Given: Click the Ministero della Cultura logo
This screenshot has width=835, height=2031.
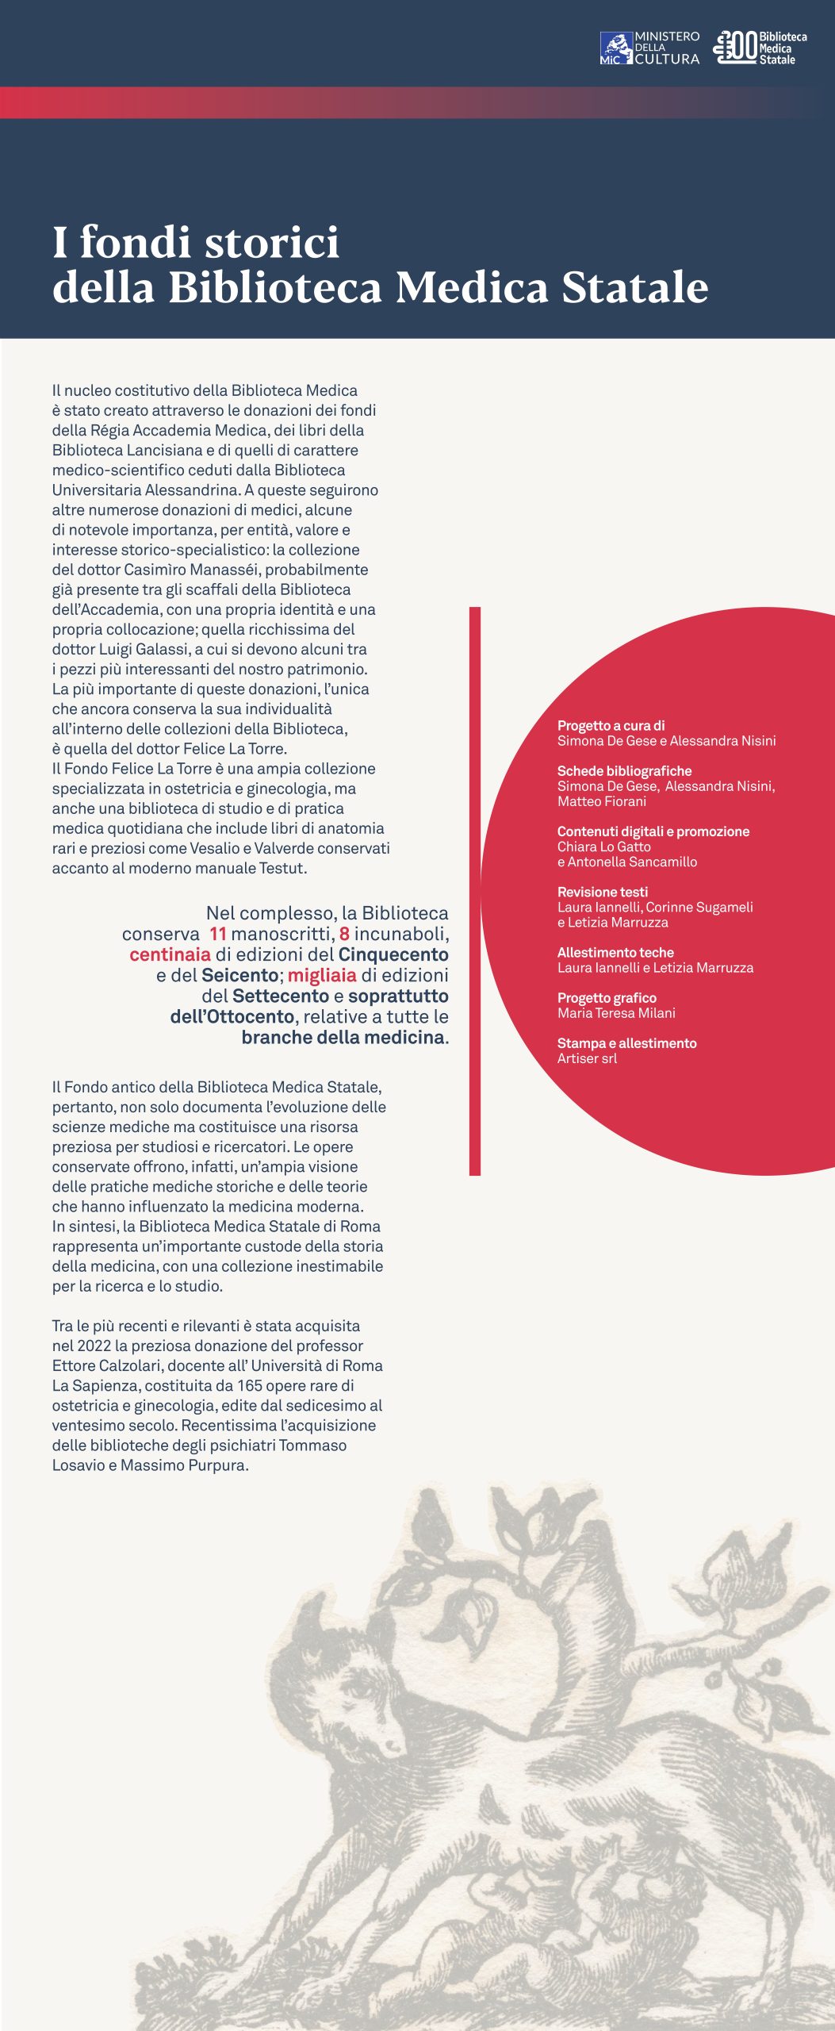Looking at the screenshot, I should pyautogui.click(x=649, y=48).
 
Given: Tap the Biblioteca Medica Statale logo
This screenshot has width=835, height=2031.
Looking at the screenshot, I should pyautogui.click(x=760, y=48).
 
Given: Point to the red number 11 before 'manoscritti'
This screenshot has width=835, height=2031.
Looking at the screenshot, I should pyautogui.click(x=218, y=934).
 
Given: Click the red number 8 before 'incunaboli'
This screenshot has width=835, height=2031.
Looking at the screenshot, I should pyautogui.click(x=344, y=934).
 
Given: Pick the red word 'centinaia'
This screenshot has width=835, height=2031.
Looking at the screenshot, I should pyautogui.click(x=170, y=954).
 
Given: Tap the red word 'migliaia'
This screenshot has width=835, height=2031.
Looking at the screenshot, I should pyautogui.click(x=322, y=975).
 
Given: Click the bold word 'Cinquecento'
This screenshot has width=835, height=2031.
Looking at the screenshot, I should pyautogui.click(x=393, y=954).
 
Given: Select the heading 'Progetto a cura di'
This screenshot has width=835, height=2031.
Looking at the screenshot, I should pyautogui.click(x=611, y=725).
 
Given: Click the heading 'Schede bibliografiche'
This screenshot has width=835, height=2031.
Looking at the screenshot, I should pyautogui.click(x=624, y=770).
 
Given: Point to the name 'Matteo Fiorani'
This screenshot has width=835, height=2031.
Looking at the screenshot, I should pyautogui.click(x=601, y=801).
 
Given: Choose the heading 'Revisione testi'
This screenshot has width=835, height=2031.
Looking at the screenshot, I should pyautogui.click(x=602, y=892).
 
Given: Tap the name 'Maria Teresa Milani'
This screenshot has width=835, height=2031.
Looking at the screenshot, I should pyautogui.click(x=616, y=1013).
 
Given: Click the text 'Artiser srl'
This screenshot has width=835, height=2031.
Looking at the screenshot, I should pyautogui.click(x=587, y=1058).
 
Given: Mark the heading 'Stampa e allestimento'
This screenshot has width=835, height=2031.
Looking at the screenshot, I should pyautogui.click(x=626, y=1043).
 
